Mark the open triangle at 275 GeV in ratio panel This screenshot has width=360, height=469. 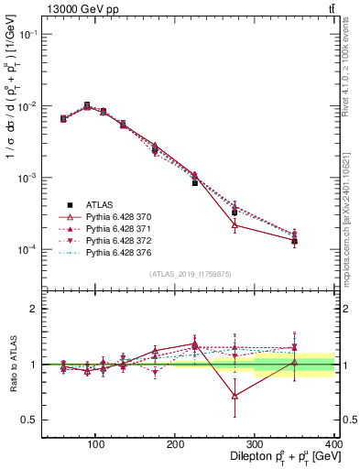click(235, 396)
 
